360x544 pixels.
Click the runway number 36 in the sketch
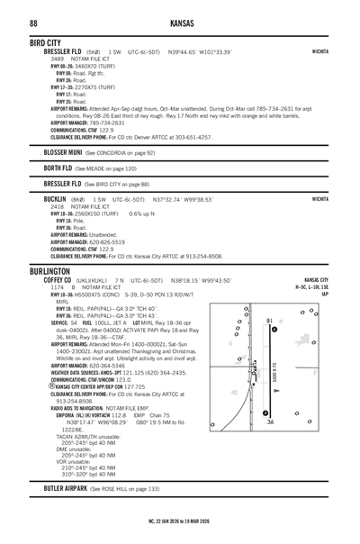pos(270,431)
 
